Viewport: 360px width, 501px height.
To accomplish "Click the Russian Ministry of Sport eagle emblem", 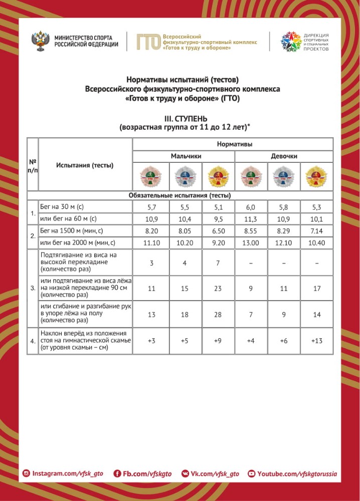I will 39,41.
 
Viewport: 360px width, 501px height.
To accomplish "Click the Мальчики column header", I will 183,156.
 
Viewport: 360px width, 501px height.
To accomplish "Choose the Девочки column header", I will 284,156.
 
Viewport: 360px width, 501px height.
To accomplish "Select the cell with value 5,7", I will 150,206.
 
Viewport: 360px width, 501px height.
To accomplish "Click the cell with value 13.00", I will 251,243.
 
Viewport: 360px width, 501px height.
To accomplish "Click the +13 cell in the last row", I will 316,341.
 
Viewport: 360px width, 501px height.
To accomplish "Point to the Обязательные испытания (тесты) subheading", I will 179,195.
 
